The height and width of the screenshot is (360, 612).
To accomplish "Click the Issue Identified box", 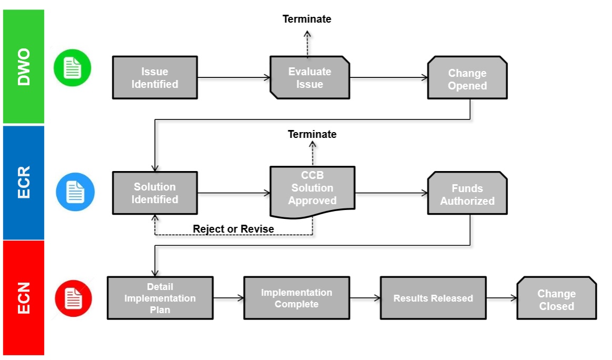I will tap(155, 77).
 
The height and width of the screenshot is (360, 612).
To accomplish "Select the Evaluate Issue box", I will tap(309, 77).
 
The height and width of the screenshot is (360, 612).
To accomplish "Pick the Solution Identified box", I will tap(155, 193).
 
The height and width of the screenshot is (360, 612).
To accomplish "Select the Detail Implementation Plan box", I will tap(160, 298).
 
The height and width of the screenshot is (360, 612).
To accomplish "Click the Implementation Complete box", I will tap(296, 298).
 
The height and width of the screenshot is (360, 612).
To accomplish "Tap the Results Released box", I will tap(433, 298).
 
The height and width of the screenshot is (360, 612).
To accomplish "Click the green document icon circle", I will tap(73, 68).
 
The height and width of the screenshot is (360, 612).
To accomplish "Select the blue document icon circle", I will tap(75, 192).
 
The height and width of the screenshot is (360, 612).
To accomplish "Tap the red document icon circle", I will tap(74, 298).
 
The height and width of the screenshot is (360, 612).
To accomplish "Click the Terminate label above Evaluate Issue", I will tap(307, 19).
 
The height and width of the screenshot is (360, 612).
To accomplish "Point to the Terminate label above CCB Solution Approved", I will tap(312, 134).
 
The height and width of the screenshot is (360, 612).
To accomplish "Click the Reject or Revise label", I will tap(233, 229).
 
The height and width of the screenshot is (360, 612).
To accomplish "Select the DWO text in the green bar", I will tap(24, 66).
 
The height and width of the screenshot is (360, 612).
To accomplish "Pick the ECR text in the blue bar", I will tap(24, 182).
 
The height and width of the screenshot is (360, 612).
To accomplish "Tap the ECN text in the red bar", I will tap(24, 298).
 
